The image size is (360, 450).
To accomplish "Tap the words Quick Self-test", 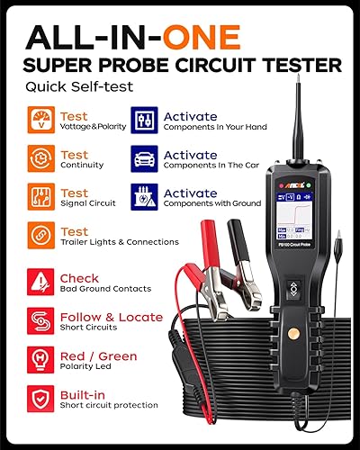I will (67, 88).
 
